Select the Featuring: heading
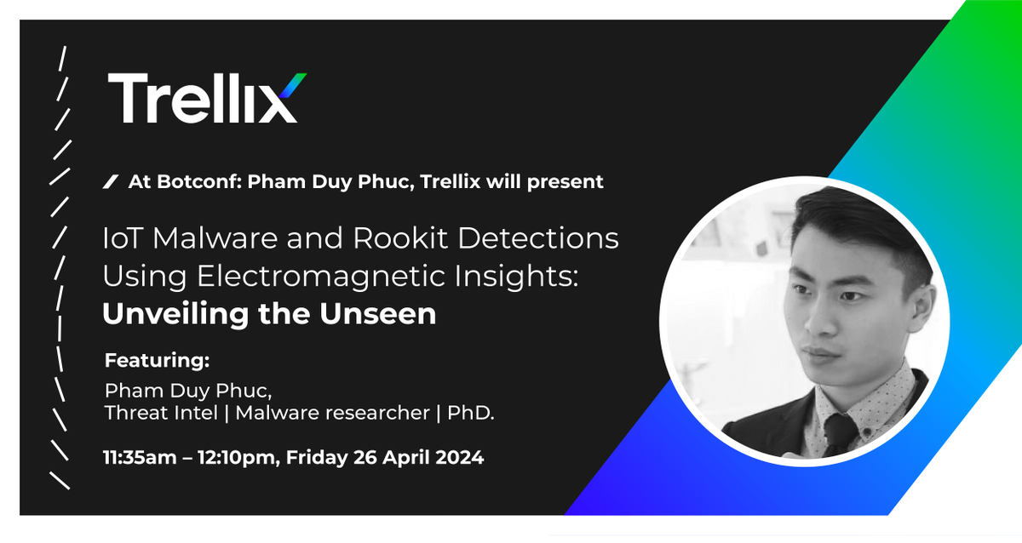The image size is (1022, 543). (157, 360)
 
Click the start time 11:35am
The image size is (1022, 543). (137, 458)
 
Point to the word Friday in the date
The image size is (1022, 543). (317, 458)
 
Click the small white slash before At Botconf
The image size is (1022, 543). (110, 181)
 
